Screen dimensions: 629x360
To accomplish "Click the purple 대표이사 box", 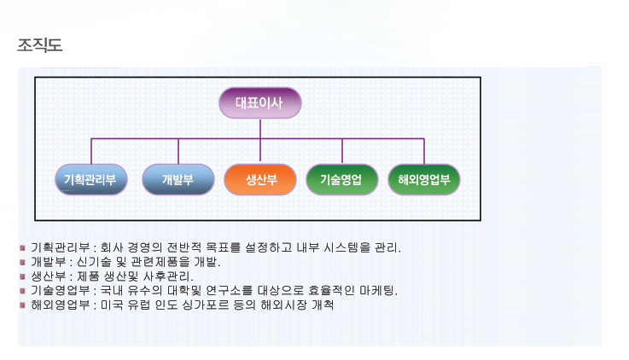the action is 260,103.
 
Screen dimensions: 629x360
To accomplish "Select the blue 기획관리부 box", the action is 91,179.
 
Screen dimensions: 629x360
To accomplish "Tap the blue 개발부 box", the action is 178,179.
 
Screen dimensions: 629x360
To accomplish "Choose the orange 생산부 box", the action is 260,179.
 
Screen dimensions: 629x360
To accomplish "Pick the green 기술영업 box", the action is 342,179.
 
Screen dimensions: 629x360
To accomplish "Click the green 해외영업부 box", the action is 424,179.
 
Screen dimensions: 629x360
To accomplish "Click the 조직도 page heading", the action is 40,44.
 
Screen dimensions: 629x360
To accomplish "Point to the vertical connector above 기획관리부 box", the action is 91,151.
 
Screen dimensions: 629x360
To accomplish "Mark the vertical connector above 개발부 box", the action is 178,151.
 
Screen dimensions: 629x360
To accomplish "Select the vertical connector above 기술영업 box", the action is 342,151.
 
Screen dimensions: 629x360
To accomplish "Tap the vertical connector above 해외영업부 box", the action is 424,151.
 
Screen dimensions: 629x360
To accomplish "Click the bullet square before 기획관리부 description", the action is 22,247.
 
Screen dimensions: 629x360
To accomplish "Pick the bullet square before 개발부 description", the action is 22,262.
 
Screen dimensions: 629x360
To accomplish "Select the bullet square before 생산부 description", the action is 22,276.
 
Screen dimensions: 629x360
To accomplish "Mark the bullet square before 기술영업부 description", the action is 22,290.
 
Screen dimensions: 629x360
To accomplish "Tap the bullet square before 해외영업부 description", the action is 22,305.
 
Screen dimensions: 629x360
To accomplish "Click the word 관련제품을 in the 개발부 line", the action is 160,262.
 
